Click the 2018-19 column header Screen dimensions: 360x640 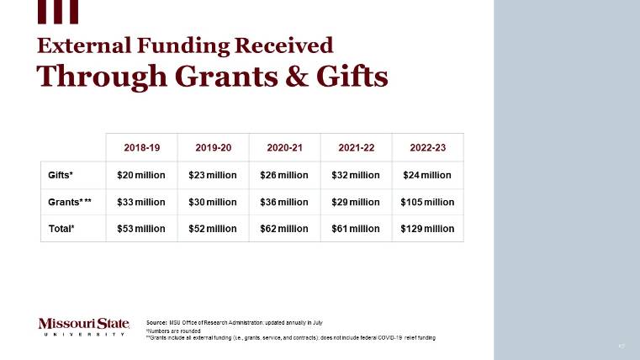point(141,147)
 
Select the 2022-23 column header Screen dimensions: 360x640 point(427,147)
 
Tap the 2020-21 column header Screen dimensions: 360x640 point(284,147)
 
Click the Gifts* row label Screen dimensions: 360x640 point(60,175)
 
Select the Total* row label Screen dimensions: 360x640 point(61,228)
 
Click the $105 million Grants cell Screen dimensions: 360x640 point(427,202)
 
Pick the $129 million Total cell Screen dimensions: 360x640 point(427,228)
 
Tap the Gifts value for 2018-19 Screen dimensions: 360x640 point(141,175)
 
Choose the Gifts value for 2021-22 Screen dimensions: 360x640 point(356,175)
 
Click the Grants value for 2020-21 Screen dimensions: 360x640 point(284,202)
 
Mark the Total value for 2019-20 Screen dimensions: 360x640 point(213,228)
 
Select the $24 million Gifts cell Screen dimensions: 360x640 point(427,175)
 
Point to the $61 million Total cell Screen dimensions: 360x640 point(356,228)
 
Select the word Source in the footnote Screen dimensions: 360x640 point(156,322)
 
